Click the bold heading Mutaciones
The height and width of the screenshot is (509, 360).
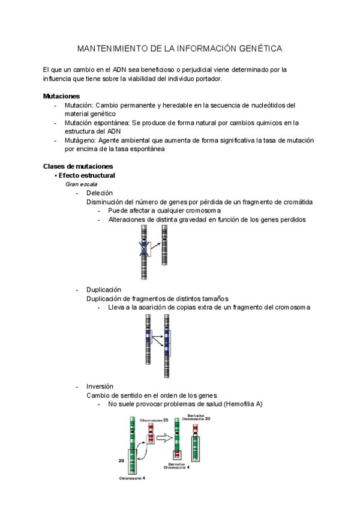[x=61, y=96]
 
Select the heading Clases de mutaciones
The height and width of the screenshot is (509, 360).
[x=78, y=166]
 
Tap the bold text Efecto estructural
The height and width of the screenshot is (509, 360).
[x=87, y=175]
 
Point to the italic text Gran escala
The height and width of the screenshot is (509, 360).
[x=81, y=184]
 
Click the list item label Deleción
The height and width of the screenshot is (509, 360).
[x=100, y=193]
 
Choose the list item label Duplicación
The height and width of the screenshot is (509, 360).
[x=104, y=289]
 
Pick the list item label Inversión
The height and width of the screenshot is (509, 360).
[x=100, y=387]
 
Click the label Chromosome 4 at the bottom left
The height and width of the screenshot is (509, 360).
[x=132, y=478]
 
